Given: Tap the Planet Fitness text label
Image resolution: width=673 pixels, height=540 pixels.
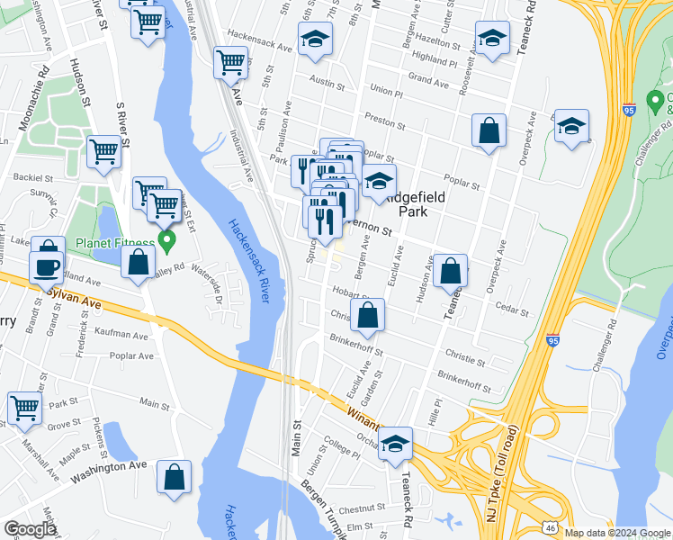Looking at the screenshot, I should (115, 243).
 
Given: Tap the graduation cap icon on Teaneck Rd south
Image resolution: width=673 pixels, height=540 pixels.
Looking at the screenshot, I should (394, 444).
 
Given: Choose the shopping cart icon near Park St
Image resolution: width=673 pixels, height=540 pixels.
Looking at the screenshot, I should (24, 408).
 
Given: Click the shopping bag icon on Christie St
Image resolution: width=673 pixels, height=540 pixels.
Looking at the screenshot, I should (367, 316).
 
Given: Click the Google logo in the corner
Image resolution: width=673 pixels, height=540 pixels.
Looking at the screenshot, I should (30, 529).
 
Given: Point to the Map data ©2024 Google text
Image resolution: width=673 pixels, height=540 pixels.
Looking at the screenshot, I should (616, 533).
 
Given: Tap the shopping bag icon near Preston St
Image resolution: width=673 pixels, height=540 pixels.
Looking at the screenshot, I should (489, 130).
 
